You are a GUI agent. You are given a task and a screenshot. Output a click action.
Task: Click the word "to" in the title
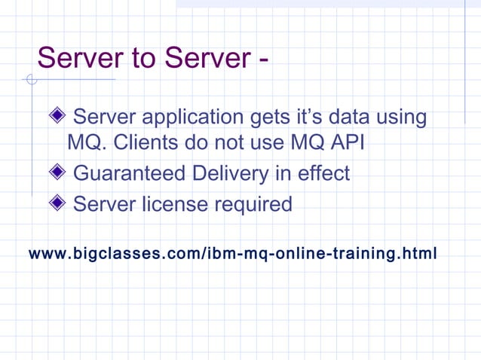134,57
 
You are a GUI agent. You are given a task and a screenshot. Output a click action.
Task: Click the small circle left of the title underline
30,79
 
